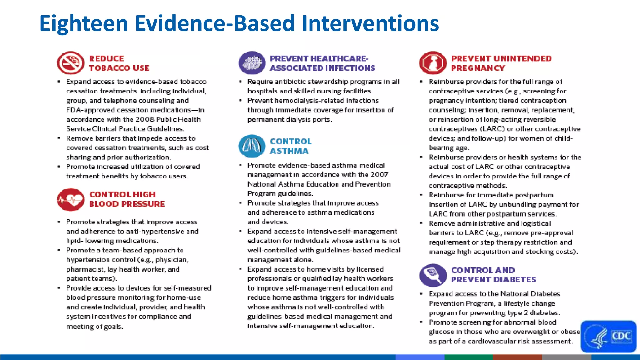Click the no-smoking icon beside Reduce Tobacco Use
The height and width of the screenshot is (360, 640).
point(71,63)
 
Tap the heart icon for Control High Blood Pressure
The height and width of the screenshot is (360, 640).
point(71,199)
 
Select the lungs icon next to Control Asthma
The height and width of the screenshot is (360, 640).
point(252,146)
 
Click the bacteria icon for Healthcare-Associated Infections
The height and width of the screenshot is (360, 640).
point(252,63)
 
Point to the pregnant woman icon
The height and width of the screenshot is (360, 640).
point(433,63)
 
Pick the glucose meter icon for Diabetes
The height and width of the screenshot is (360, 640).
point(433,275)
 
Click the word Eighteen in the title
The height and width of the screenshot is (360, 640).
point(84,23)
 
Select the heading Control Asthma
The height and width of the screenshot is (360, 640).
point(291,146)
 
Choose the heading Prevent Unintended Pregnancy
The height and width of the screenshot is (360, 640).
point(501,63)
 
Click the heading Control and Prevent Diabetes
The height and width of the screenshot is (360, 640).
point(493,275)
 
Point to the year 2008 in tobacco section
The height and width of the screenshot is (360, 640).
point(145,119)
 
